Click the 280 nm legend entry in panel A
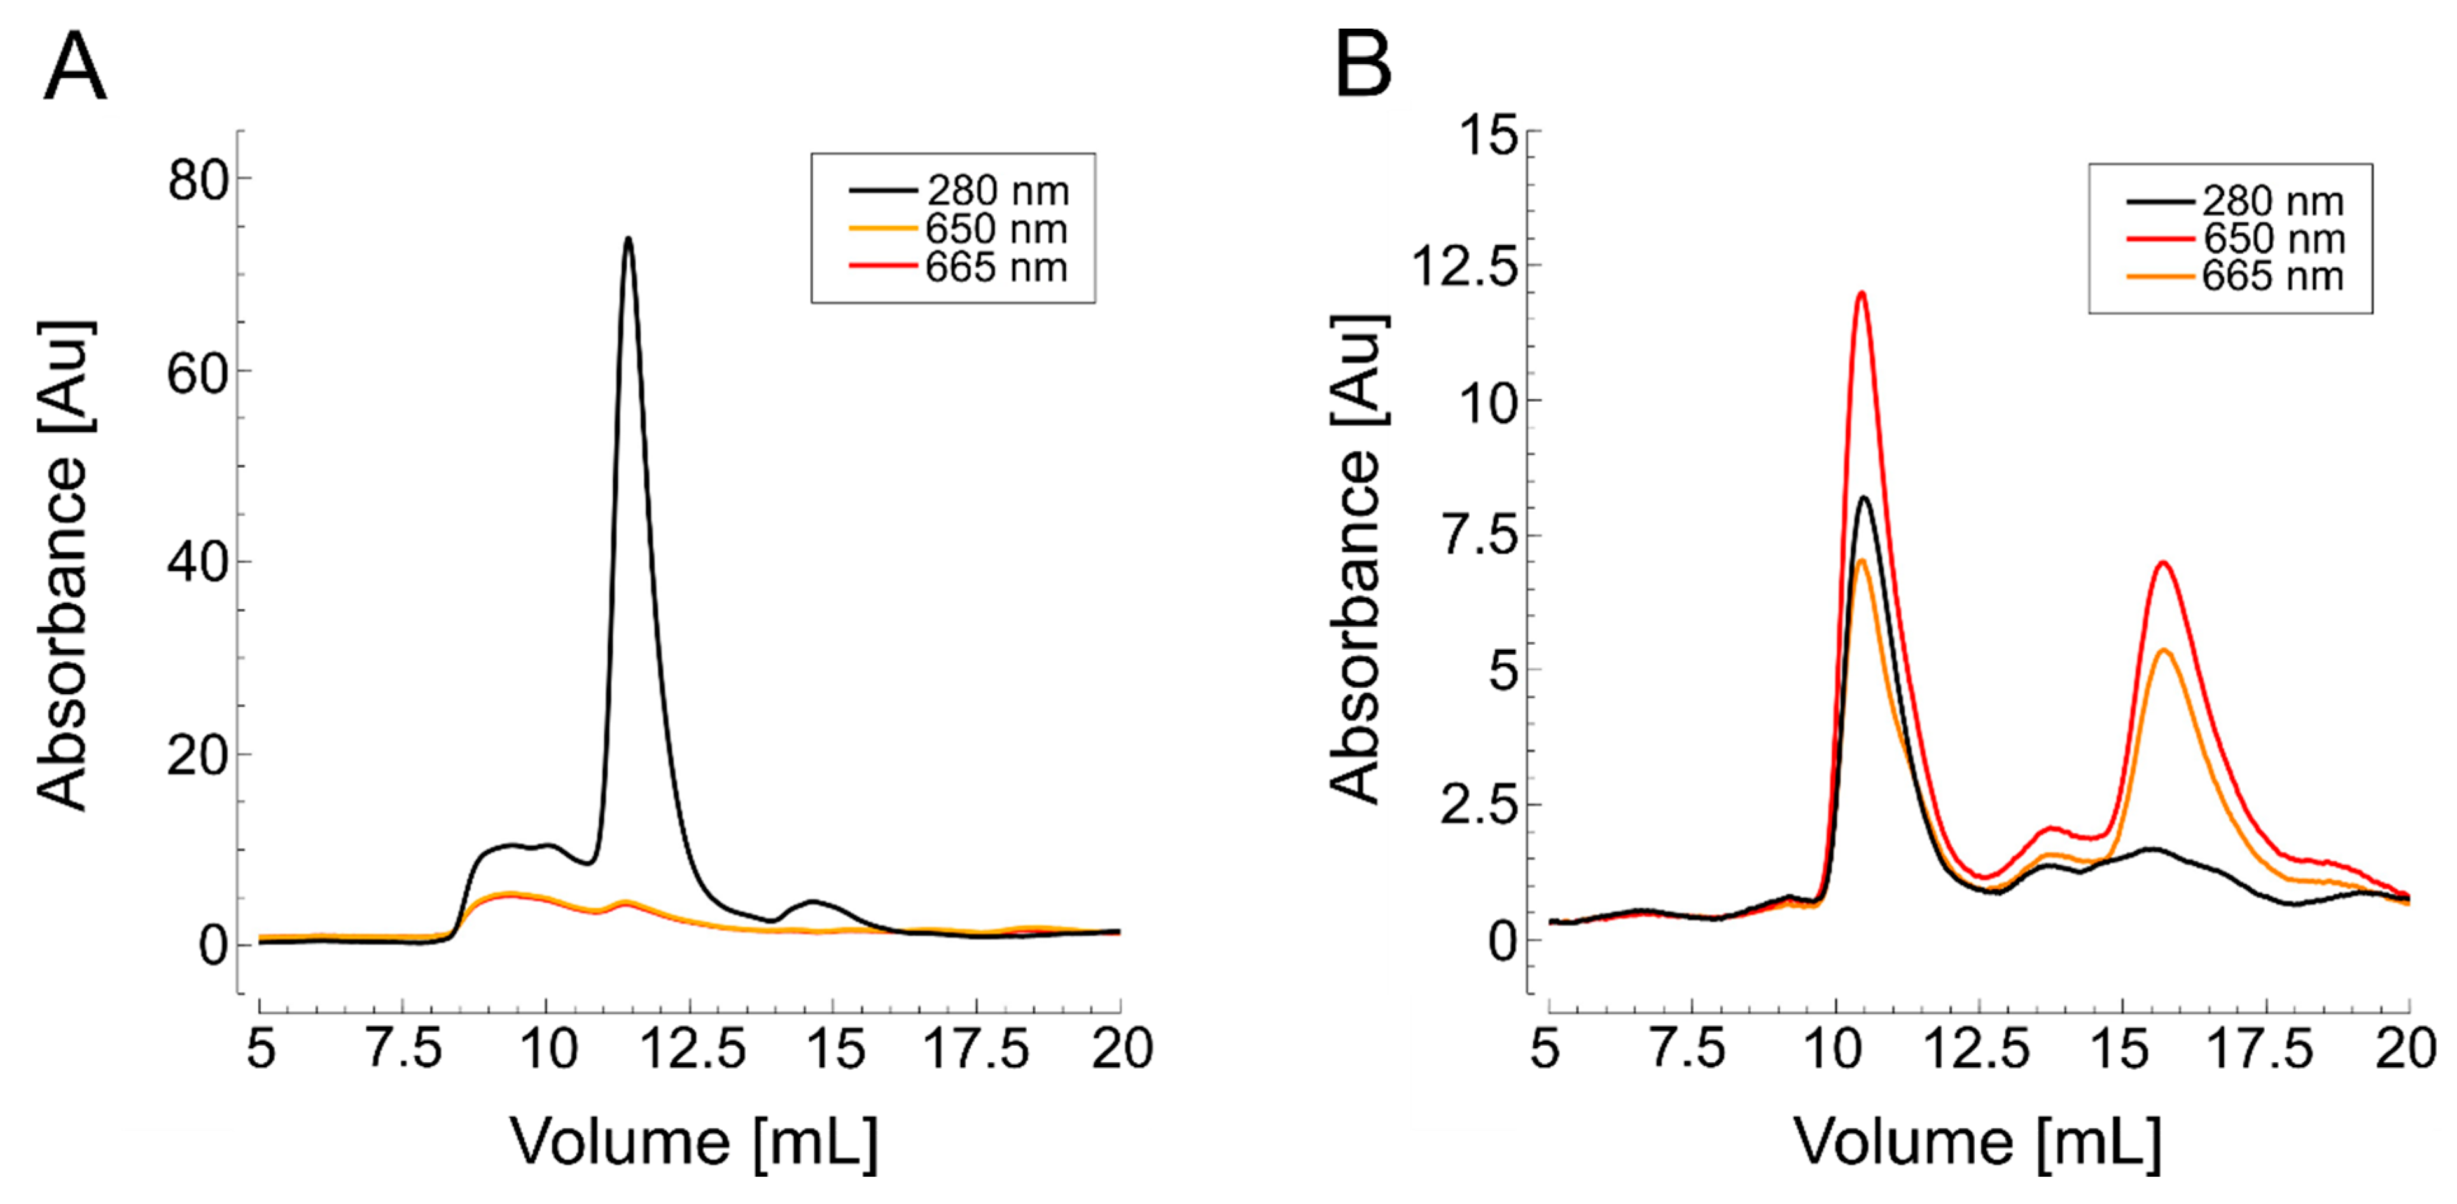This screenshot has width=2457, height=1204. [x=959, y=191]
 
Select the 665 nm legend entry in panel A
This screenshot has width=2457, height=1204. [x=959, y=268]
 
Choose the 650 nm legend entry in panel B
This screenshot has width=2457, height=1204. [x=2235, y=239]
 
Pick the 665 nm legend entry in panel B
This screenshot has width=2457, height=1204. [x=2235, y=277]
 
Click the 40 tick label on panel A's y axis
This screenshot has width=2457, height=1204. [x=198, y=563]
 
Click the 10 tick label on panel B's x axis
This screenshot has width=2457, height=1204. [x=1834, y=1050]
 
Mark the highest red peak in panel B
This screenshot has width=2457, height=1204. [x=1860, y=294]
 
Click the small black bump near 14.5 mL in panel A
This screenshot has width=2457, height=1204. [x=814, y=901]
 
